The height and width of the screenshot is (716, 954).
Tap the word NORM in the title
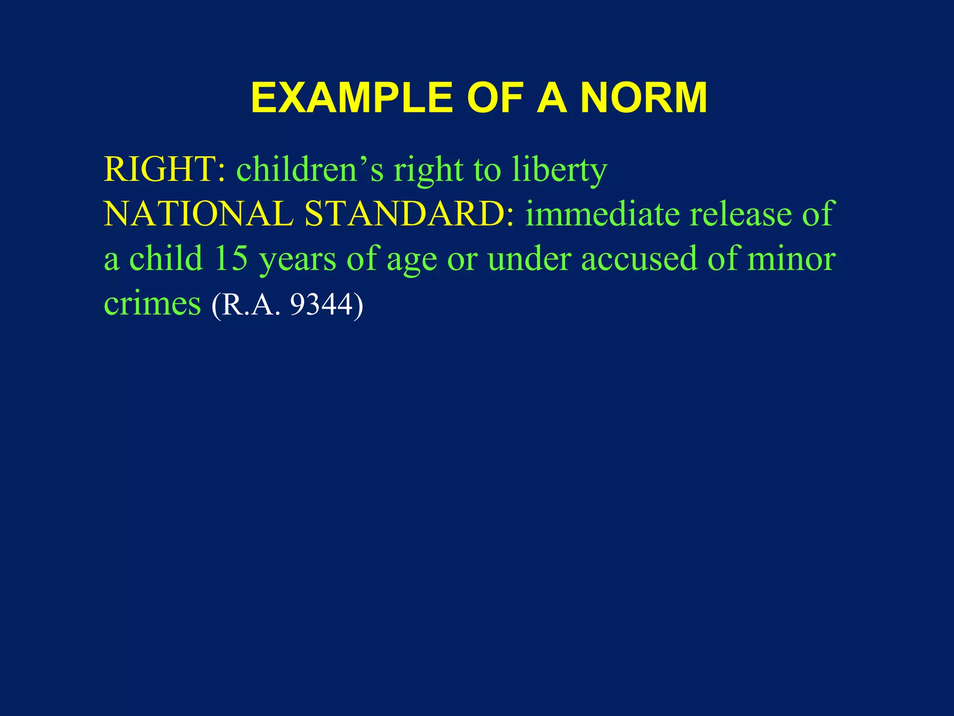(643, 98)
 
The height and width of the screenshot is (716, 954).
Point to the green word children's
(310, 169)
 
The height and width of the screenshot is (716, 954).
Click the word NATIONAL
(198, 214)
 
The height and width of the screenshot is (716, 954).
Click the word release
(740, 214)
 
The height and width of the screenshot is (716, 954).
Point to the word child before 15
(166, 258)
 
